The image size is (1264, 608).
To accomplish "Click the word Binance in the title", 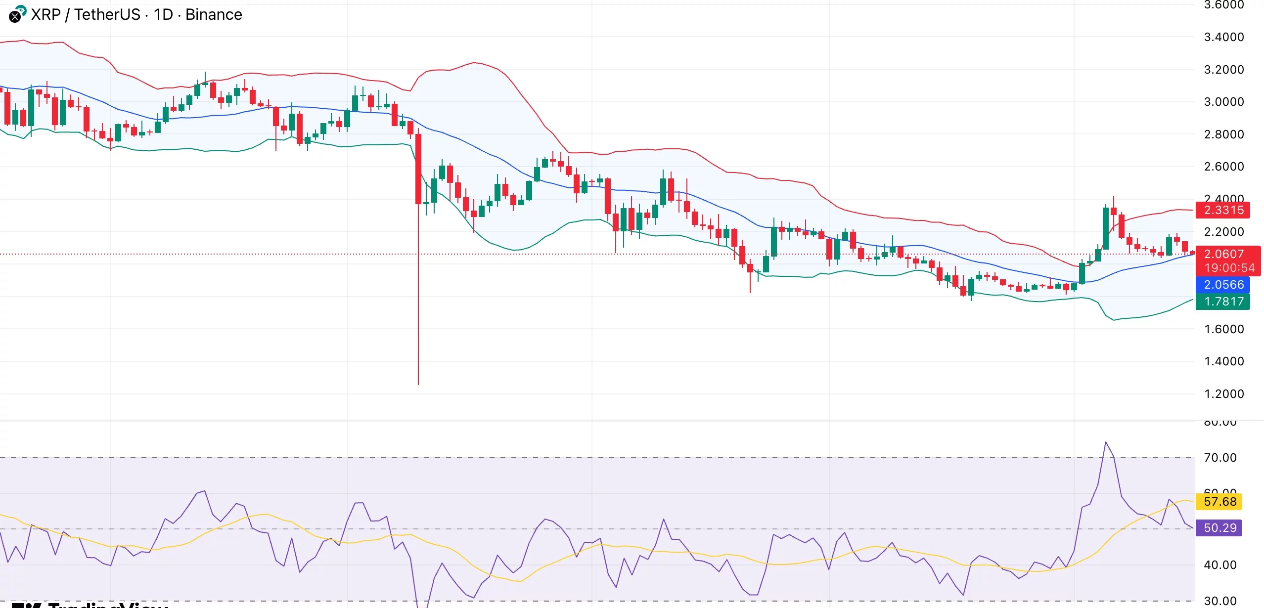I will tap(214, 15).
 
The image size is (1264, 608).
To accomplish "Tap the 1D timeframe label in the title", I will tap(163, 15).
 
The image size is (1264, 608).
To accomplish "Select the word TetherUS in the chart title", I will tap(107, 15).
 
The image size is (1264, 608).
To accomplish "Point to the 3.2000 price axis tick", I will tap(1223, 70).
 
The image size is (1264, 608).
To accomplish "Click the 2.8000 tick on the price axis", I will tap(1223, 134).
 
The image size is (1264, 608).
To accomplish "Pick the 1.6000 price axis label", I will tap(1223, 329).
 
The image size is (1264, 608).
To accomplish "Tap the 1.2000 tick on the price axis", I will tap(1223, 394).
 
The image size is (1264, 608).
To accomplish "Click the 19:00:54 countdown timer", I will tap(1229, 268).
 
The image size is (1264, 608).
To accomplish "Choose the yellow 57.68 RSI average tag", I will tap(1219, 502).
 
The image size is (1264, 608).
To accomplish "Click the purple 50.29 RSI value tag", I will tap(1219, 528).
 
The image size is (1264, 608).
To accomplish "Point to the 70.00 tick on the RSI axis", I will tap(1220, 458).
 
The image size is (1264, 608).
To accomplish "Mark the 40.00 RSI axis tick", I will tap(1220, 565).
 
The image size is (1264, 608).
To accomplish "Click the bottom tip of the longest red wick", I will tap(418, 384).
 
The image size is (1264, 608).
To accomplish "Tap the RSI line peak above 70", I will tap(1105, 442).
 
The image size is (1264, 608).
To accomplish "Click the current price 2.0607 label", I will tap(1223, 254).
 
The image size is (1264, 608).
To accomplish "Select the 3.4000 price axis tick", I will tap(1223, 37).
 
